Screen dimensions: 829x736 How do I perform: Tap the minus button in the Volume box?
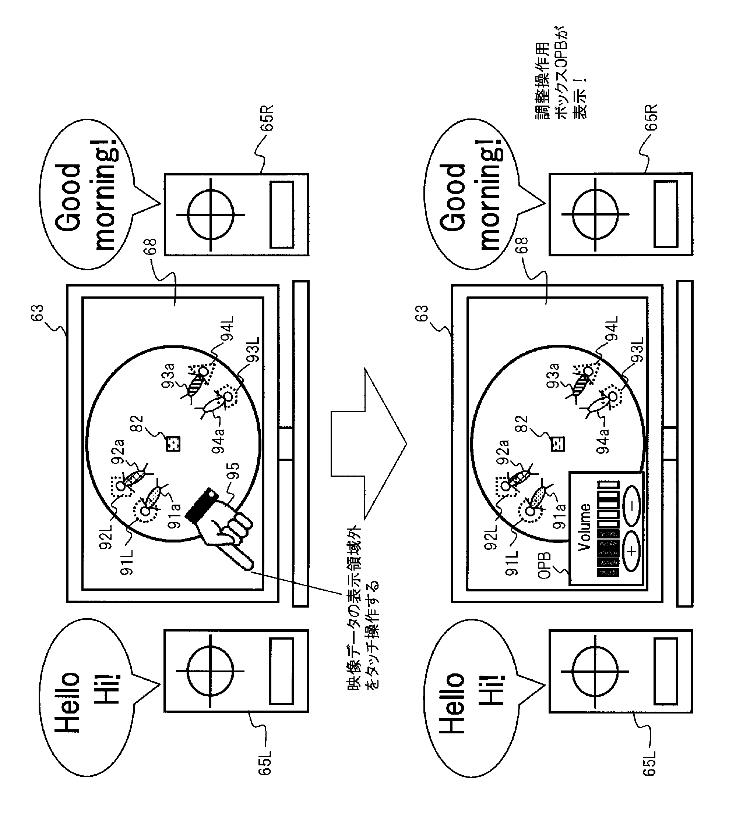pyautogui.click(x=631, y=505)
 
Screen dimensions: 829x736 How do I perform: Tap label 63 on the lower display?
pyautogui.click(x=422, y=313)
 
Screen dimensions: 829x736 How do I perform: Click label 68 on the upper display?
pyautogui.click(x=150, y=246)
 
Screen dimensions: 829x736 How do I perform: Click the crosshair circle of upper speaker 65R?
pyautogui.click(x=210, y=214)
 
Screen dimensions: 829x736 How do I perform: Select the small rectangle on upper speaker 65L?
pyautogui.click(x=281, y=671)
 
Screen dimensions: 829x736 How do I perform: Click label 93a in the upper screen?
pyautogui.click(x=168, y=375)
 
